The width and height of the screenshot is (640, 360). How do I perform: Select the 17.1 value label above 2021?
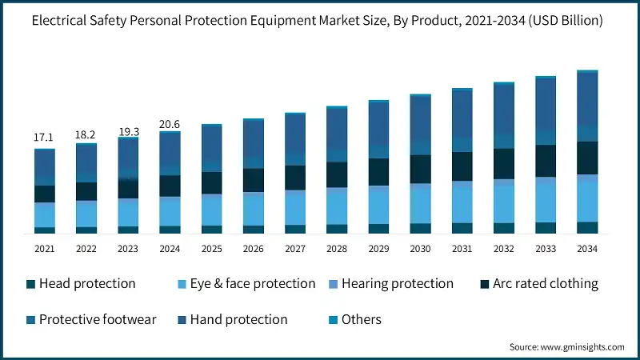tap(44, 138)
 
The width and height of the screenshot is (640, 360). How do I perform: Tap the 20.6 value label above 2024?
tap(170, 123)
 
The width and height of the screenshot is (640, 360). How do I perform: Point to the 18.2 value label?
tap(86, 134)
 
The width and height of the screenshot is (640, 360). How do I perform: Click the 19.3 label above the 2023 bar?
tap(128, 130)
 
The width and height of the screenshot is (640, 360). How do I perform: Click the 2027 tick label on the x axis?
tap(295, 249)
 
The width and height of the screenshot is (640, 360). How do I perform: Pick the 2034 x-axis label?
tap(587, 249)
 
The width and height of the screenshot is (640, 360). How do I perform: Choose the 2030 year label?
tap(420, 249)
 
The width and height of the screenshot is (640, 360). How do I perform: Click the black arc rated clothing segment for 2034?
tap(587, 158)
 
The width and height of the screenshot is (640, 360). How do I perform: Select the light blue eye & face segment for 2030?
tap(420, 203)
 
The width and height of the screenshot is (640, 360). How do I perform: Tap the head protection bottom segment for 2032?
tap(504, 228)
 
